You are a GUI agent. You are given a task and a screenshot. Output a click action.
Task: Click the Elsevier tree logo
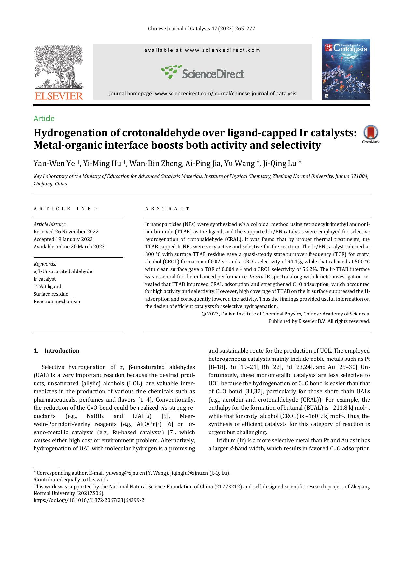coord(59,67)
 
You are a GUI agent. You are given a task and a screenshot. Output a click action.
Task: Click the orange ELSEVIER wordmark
coord(59,96)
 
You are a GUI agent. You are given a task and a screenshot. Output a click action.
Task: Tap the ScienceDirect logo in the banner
coord(202,72)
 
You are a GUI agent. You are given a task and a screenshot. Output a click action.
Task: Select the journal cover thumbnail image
coord(346,69)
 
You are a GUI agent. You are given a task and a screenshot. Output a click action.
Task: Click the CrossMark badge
coord(370,134)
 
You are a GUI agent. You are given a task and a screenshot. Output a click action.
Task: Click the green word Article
coord(44,118)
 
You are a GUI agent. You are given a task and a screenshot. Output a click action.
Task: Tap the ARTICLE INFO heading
coord(65,209)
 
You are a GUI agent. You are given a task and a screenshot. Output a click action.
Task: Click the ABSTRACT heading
coord(167,209)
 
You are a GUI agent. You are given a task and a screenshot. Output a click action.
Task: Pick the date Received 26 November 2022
coord(66,232)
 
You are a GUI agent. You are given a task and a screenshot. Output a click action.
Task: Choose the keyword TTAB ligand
coord(47,286)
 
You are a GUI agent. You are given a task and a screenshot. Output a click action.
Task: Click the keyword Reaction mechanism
coord(57,301)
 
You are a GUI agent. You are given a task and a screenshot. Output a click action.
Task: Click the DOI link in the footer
coord(89,500)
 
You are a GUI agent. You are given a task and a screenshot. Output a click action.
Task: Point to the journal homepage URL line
coord(202,94)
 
